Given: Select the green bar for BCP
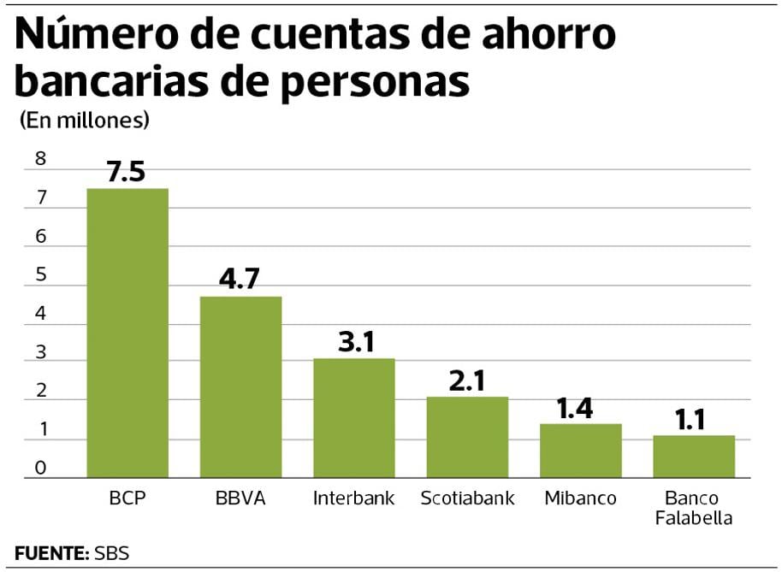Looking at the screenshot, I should tap(127, 333).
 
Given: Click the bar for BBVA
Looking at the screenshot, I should tap(240, 386).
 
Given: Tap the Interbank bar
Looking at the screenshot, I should tap(353, 417).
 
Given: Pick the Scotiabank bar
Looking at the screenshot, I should tap(467, 437).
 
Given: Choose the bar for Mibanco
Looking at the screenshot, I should tap(580, 451).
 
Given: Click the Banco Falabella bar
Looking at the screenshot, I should tap(694, 456).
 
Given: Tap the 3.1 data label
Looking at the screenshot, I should tap(353, 342).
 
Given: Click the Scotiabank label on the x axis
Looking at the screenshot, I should tap(467, 498).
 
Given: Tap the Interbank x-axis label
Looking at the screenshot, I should tap(353, 498).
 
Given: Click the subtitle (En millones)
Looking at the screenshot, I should tap(84, 121).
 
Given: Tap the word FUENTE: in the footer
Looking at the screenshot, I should tap(52, 552).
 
